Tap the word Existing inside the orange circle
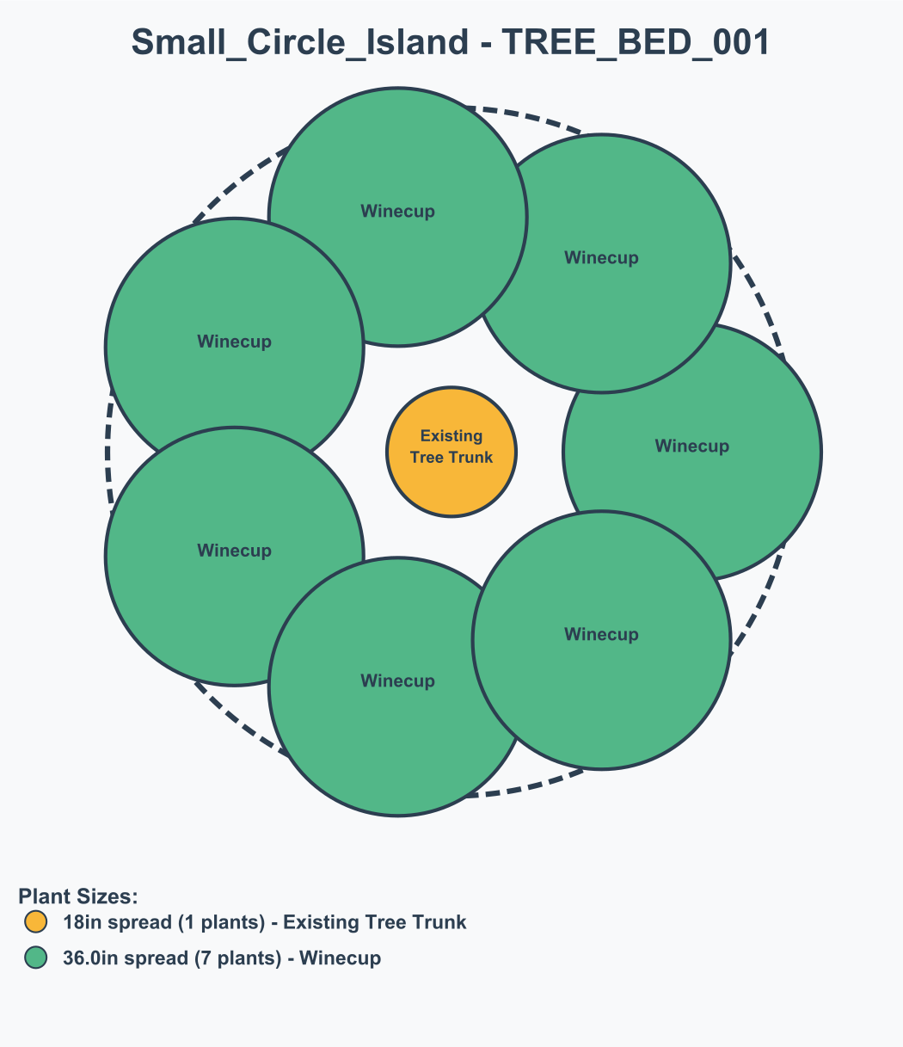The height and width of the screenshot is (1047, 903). tap(451, 436)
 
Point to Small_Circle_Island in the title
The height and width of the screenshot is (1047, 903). tap(301, 42)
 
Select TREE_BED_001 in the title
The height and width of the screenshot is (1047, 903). tap(636, 42)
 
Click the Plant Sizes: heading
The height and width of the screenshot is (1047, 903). tap(77, 896)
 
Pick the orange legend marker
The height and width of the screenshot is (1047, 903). tap(35, 922)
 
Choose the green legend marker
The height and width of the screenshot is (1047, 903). tap(35, 958)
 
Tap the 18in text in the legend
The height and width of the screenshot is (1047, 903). tap(83, 922)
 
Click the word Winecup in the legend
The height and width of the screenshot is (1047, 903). tap(340, 958)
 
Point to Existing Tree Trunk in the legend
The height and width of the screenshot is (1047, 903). tap(375, 922)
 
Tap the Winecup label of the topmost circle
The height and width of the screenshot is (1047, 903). tap(397, 211)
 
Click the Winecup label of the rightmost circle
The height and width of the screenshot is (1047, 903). tap(691, 446)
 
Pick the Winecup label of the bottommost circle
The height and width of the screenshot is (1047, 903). tap(397, 681)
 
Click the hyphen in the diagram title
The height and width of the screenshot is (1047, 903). tap(485, 42)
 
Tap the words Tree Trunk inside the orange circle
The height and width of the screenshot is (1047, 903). tap(451, 457)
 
